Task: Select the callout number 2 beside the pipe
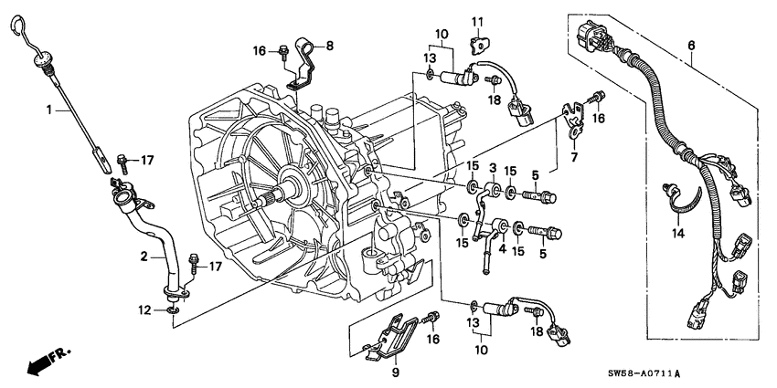(144, 258)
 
